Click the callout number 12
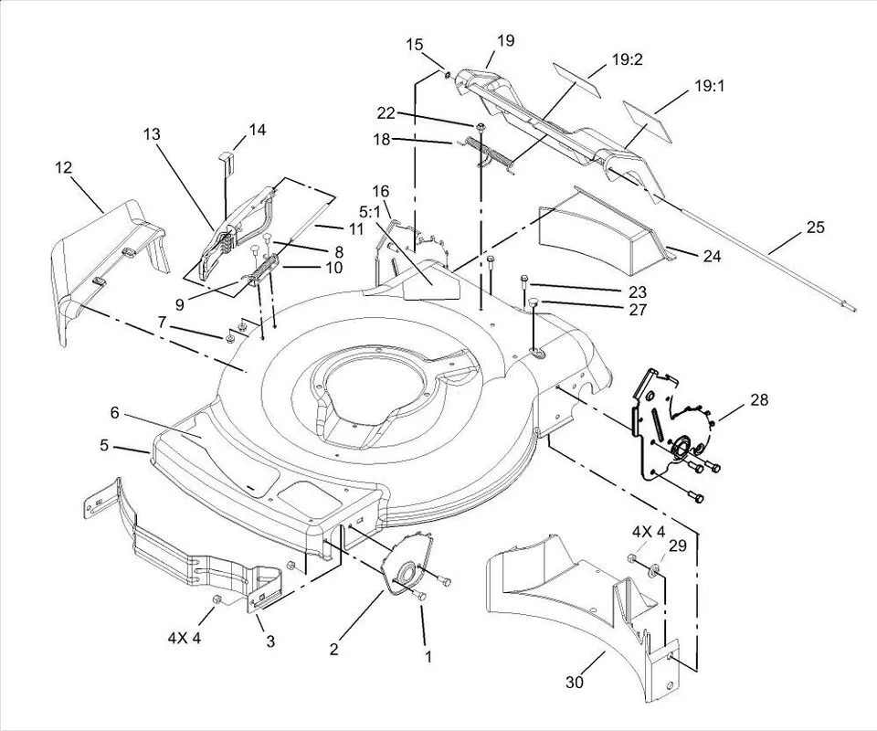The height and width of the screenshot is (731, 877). pos(63,167)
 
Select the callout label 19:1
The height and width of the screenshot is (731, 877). pos(709,87)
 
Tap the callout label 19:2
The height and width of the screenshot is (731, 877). pos(627,60)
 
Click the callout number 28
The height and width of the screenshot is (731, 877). pos(759,398)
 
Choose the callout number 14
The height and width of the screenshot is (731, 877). pos(258,131)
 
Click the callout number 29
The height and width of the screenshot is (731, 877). pos(677,546)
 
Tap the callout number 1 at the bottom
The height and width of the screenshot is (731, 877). pos(428,655)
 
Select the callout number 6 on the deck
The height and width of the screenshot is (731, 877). pos(115,413)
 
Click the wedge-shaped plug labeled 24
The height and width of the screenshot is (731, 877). pos(594,228)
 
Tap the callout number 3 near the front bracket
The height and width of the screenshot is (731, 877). pos(270,641)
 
